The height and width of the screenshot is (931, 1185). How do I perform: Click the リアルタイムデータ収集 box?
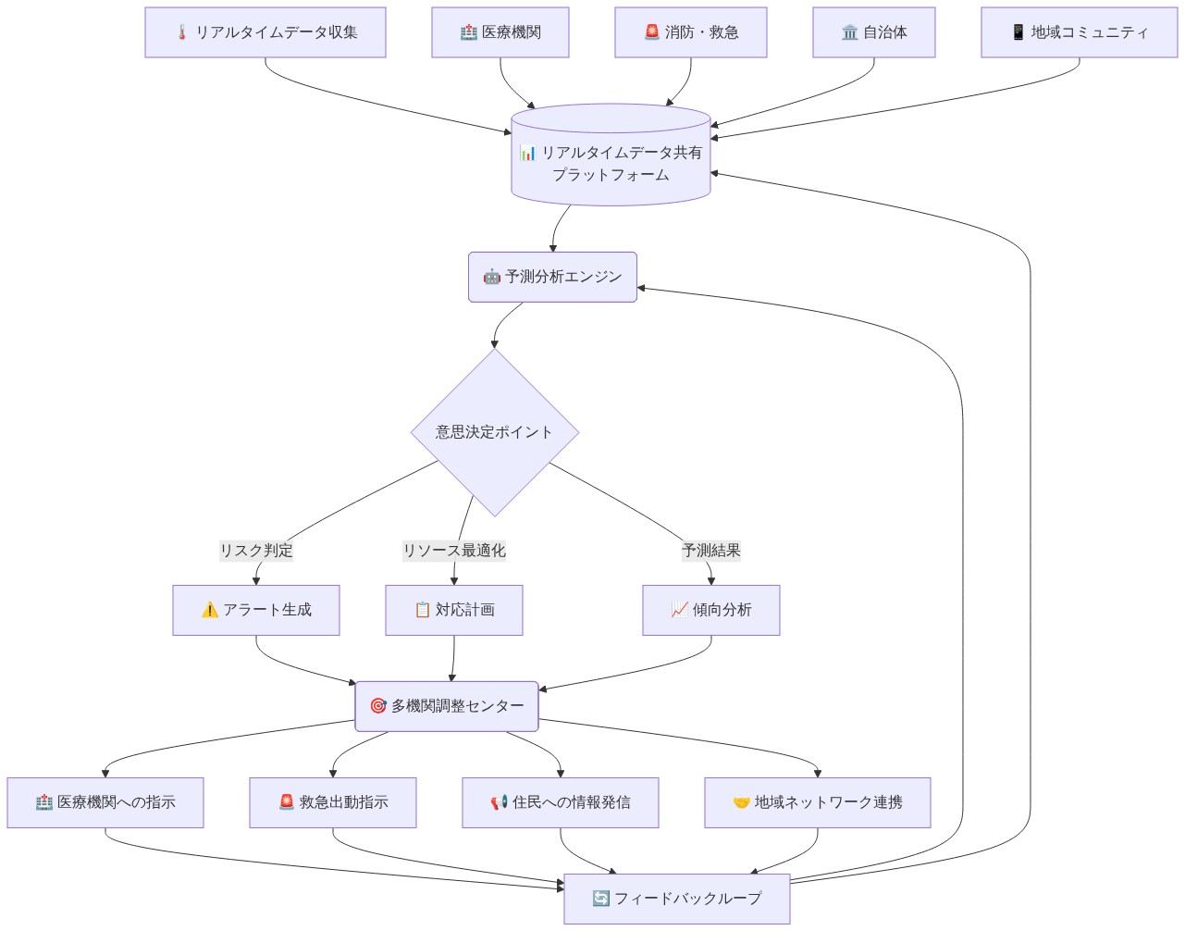265,32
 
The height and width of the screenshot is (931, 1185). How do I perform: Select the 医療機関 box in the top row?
500,32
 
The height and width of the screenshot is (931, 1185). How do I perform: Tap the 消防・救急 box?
690,32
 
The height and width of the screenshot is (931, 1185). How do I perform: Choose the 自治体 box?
873,32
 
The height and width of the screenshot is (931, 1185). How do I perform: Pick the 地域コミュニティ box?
1080,32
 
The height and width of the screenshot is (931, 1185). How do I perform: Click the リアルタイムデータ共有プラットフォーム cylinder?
611,155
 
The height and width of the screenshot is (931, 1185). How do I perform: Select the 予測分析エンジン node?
552,277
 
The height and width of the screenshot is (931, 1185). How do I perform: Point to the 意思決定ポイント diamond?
495,432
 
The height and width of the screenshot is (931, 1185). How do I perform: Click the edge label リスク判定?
255,551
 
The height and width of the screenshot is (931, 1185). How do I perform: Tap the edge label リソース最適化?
454,551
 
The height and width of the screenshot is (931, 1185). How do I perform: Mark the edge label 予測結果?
711,551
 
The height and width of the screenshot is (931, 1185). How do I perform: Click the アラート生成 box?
255,610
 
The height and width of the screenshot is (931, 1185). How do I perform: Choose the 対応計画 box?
454,610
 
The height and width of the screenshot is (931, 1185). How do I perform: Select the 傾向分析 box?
711,610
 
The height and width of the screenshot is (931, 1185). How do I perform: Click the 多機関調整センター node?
447,706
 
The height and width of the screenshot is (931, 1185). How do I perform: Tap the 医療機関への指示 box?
105,803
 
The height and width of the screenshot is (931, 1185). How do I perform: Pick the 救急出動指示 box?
333,803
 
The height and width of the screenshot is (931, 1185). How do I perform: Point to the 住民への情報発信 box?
561,803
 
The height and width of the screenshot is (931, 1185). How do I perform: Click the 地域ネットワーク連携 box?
818,803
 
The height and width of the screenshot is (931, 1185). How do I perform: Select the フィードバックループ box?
677,899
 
